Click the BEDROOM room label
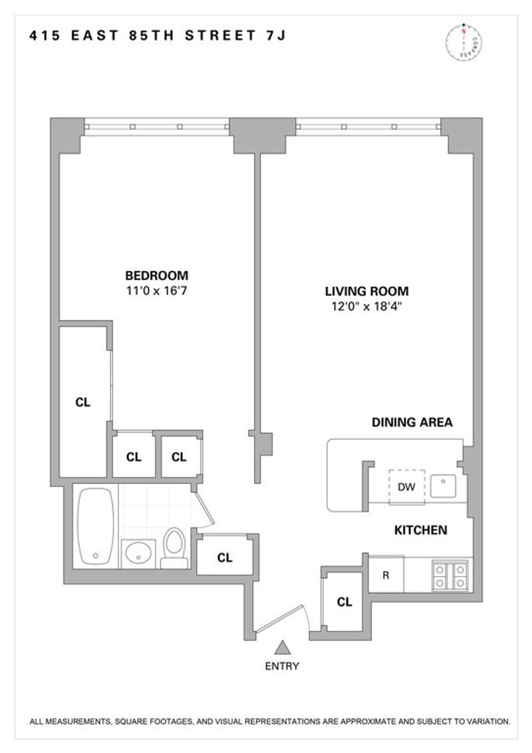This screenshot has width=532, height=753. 156,276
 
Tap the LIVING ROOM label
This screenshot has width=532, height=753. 367,291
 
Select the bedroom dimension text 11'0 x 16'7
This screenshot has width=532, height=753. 156,290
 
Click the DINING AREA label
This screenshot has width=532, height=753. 412,422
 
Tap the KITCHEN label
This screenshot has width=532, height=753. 421,530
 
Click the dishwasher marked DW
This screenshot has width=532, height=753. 407,487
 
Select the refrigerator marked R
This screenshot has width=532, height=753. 386,575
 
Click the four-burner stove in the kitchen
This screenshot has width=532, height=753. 450,575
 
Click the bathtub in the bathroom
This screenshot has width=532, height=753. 96,526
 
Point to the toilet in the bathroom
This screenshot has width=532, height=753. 174,548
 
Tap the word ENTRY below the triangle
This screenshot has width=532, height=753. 282,666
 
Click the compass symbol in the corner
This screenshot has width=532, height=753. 464,42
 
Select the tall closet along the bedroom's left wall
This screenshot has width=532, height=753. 82,402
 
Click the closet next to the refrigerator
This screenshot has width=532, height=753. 344,602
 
